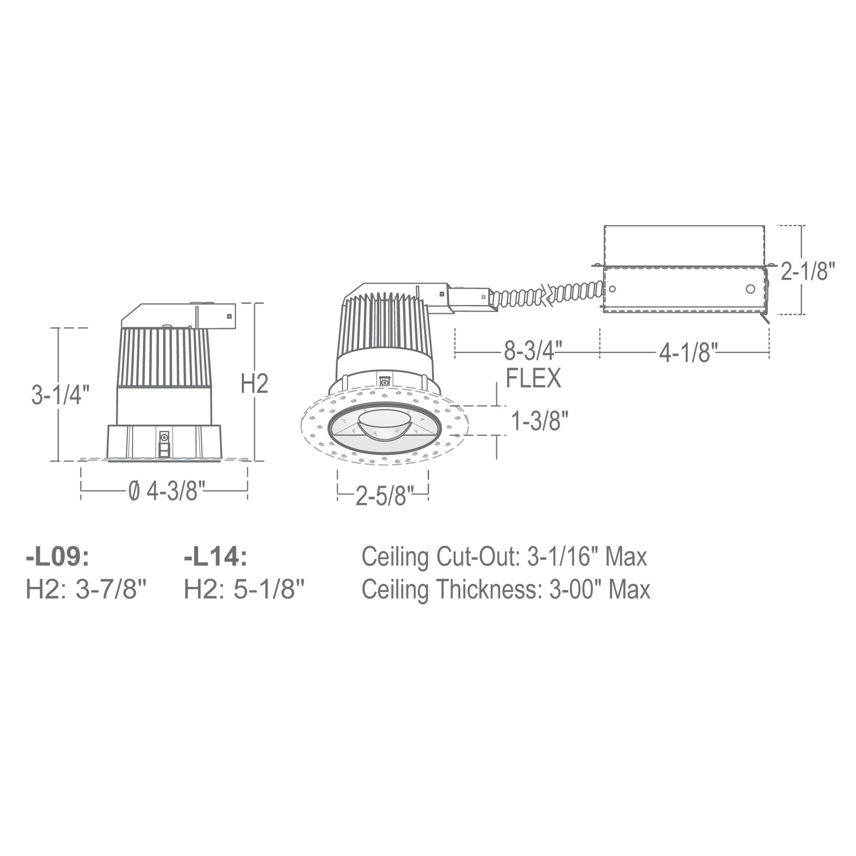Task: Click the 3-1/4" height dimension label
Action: point(60,395)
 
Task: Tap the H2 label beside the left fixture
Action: point(255,383)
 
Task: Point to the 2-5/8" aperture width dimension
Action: point(384,496)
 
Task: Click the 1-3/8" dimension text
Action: point(540,421)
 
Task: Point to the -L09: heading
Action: point(57,557)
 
